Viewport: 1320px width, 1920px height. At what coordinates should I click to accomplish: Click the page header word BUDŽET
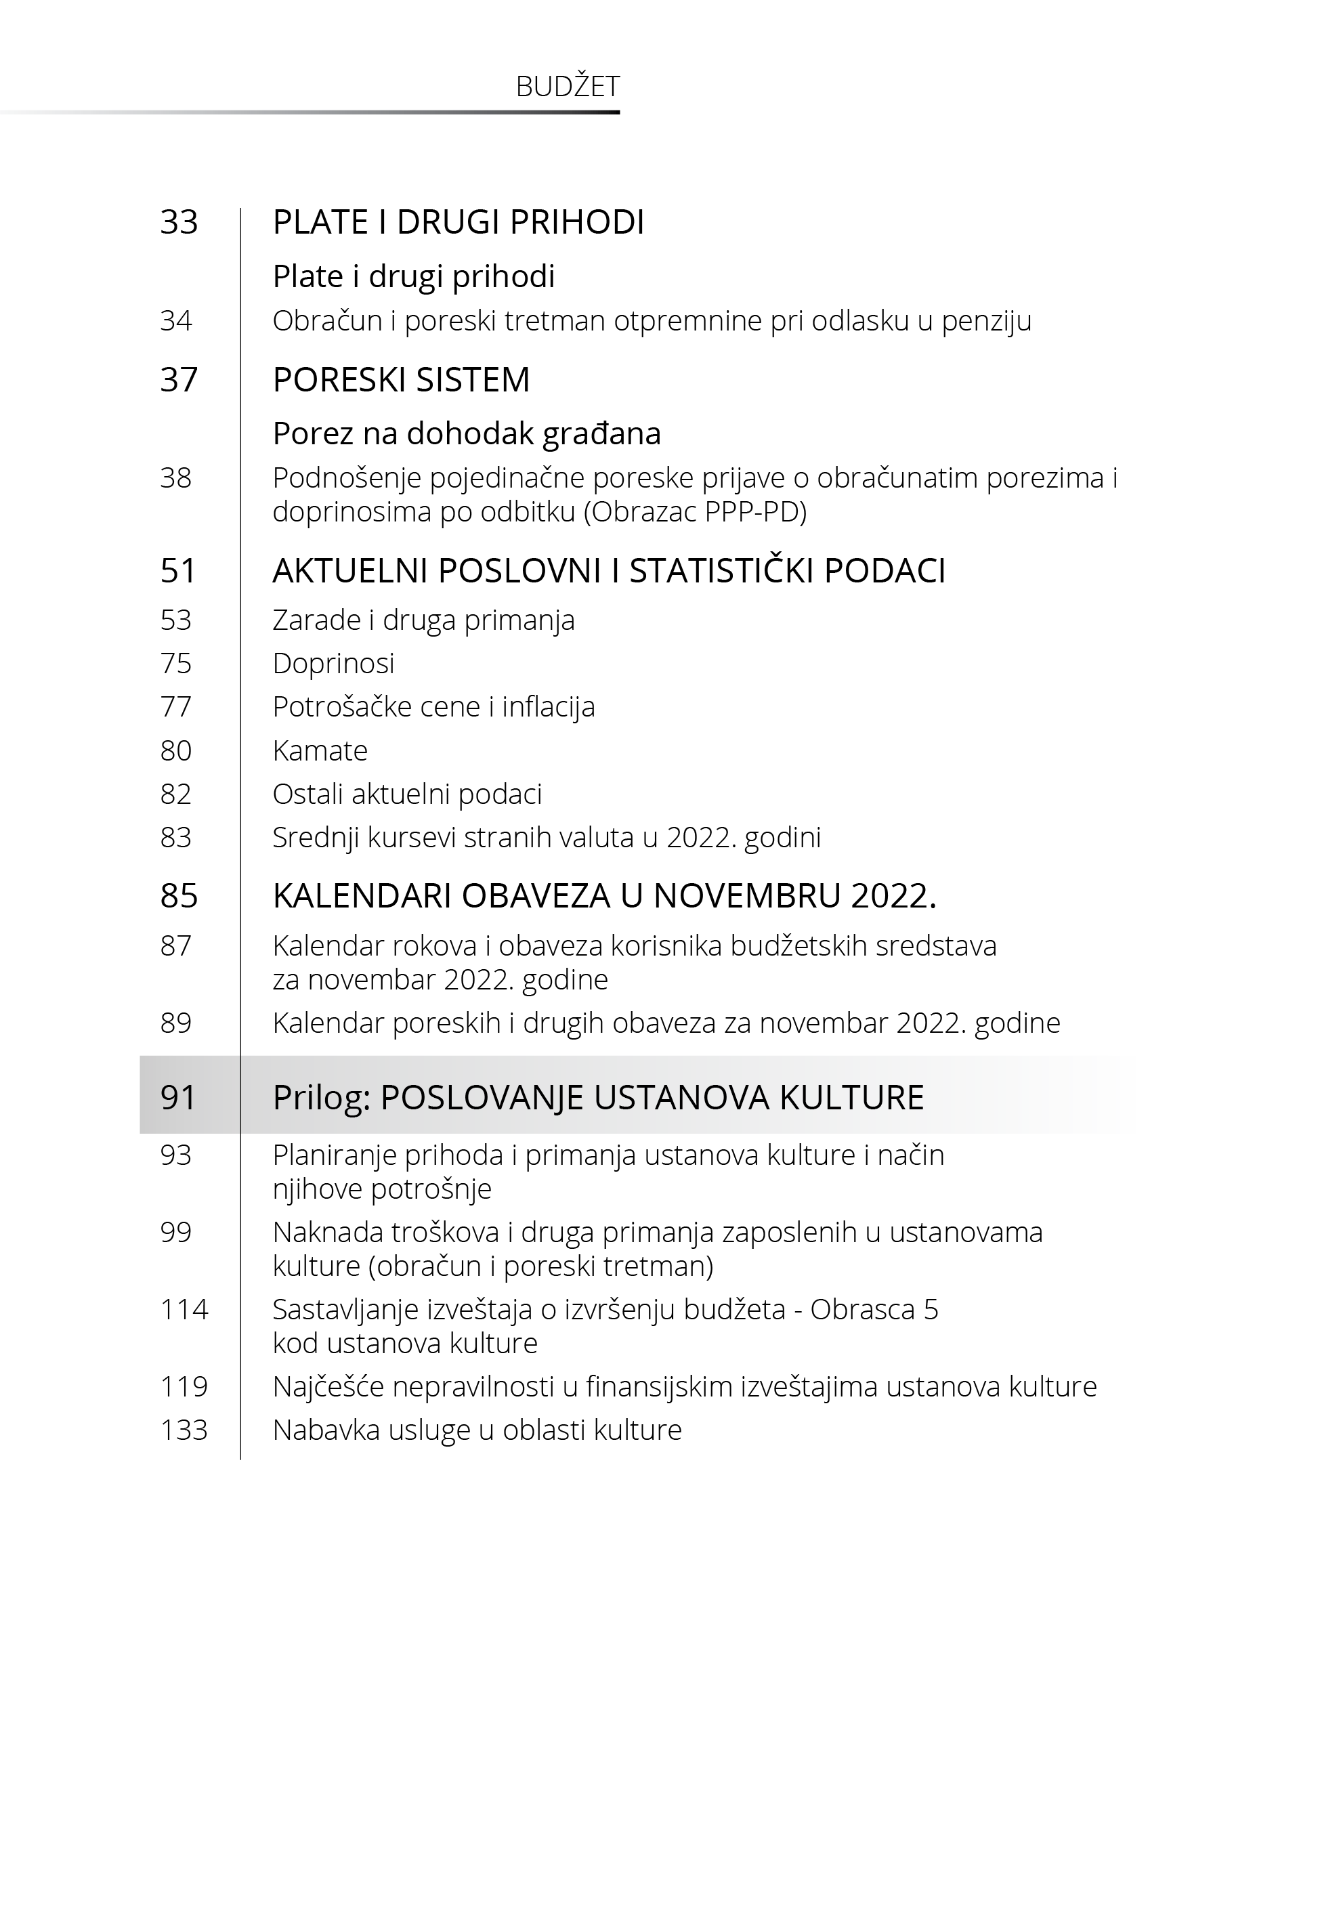pos(568,86)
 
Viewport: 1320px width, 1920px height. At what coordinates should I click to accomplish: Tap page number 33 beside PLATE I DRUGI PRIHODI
pos(179,221)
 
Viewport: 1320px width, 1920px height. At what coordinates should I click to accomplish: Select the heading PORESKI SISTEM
pos(401,379)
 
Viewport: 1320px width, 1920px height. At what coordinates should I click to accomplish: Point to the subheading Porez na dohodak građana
pos(467,433)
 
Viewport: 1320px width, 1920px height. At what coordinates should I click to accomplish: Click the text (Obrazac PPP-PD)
pos(696,512)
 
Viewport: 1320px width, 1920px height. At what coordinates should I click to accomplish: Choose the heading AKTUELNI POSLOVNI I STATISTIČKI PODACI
pos(609,570)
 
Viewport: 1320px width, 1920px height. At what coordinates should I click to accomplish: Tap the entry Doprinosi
pos(333,662)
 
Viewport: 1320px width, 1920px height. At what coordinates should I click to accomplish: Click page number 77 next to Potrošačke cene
pos(175,706)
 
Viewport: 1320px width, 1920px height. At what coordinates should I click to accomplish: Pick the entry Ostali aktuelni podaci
pos(407,794)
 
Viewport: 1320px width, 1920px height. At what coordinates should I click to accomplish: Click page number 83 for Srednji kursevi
pos(175,837)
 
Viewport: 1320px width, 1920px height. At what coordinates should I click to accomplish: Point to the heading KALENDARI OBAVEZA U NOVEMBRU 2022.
pos(603,895)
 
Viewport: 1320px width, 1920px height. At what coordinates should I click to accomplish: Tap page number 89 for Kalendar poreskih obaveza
pos(175,1023)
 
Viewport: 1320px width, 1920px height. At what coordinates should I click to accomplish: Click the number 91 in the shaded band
pos(179,1097)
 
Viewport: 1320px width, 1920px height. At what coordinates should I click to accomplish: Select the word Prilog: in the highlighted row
pos(322,1097)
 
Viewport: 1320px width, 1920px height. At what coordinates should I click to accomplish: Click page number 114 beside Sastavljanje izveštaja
pos(184,1309)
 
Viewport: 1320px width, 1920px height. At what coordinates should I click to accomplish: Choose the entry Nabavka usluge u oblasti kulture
pos(477,1430)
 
